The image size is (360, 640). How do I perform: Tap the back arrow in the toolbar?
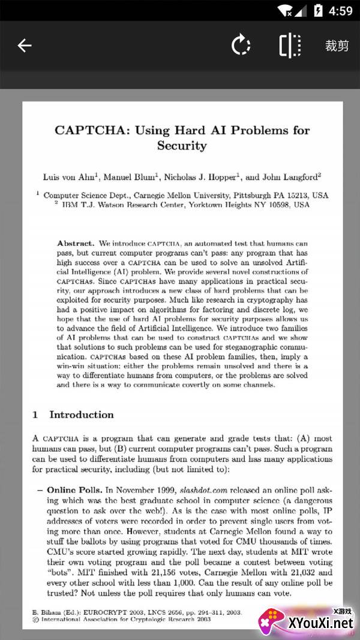[x=24, y=46]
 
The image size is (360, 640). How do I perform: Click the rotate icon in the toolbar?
[x=241, y=46]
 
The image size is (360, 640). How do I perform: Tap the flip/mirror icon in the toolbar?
[x=290, y=46]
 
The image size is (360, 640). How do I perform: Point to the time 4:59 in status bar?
[x=341, y=10]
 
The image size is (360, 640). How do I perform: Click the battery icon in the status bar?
[x=317, y=10]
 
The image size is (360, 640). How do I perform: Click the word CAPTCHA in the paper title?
[x=91, y=130]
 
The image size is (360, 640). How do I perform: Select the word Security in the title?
[x=182, y=146]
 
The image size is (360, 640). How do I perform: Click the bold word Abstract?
[x=76, y=244]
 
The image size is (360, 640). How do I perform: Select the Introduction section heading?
[x=81, y=414]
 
